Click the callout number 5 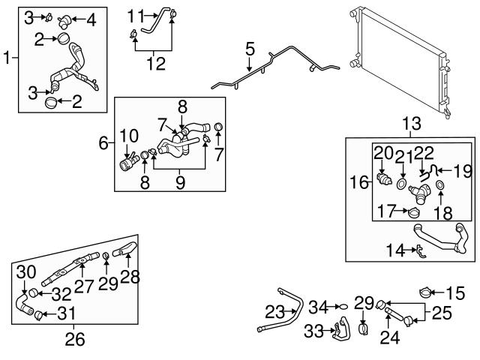(x=250, y=49)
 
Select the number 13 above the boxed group (x=412, y=123)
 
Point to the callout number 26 (x=74, y=339)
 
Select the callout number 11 (x=135, y=15)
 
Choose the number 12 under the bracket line (x=157, y=64)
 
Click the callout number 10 (x=130, y=135)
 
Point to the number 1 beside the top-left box (x=7, y=56)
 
